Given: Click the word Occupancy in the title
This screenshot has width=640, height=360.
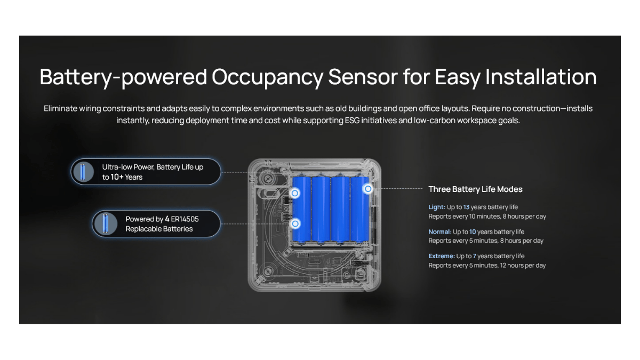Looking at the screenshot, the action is (267, 77).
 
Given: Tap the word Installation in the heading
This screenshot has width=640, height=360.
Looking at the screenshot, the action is (541, 77).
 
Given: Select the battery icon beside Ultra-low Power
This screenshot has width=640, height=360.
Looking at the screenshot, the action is (83, 172).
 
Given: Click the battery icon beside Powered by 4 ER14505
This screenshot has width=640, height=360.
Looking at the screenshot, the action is (106, 223).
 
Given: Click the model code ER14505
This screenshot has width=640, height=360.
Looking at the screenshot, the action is (185, 219).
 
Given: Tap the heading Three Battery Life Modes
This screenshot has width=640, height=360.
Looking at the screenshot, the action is (475, 189).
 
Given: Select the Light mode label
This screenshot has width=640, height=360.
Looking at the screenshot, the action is (437, 207).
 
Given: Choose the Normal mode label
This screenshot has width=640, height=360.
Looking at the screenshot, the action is (439, 231).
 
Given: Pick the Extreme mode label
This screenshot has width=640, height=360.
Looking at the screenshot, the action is (442, 256).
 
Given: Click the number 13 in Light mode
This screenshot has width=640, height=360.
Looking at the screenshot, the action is (466, 207).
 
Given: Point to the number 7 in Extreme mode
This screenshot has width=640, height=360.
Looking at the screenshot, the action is (474, 256).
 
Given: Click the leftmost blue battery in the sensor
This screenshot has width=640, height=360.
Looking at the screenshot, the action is (301, 210).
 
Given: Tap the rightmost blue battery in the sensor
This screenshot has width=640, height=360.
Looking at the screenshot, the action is (359, 210).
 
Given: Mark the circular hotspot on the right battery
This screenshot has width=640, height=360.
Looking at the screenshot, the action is (368, 189).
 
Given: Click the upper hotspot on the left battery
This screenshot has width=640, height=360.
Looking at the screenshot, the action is (295, 194).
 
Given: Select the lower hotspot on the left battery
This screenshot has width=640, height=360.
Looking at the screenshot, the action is (295, 223).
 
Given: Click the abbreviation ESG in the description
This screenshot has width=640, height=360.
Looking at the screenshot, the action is (352, 121).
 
